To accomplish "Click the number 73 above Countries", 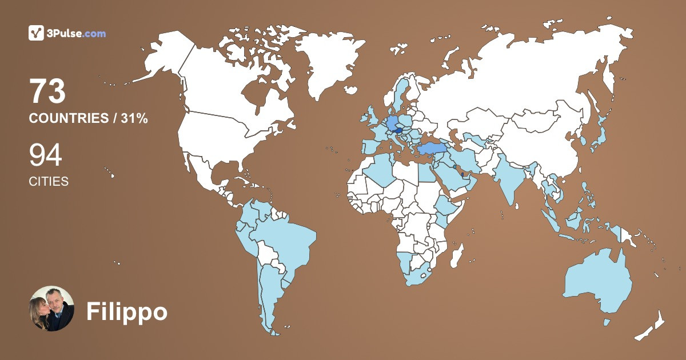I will [x=47, y=93].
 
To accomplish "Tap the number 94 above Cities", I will [x=45, y=155].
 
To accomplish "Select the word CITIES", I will [x=49, y=182].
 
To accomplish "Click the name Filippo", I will [x=126, y=312].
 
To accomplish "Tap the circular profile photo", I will [x=51, y=309].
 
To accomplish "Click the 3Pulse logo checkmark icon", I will [x=36, y=33].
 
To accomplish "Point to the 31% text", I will [x=134, y=119].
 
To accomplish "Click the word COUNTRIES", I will [x=68, y=119].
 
